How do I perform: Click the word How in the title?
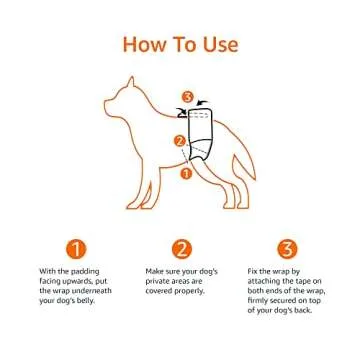click(x=145, y=45)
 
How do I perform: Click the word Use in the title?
click(x=218, y=45)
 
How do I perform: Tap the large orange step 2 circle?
click(x=181, y=247)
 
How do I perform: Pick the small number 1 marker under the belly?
click(x=185, y=172)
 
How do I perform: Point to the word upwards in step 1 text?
click(x=72, y=282)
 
